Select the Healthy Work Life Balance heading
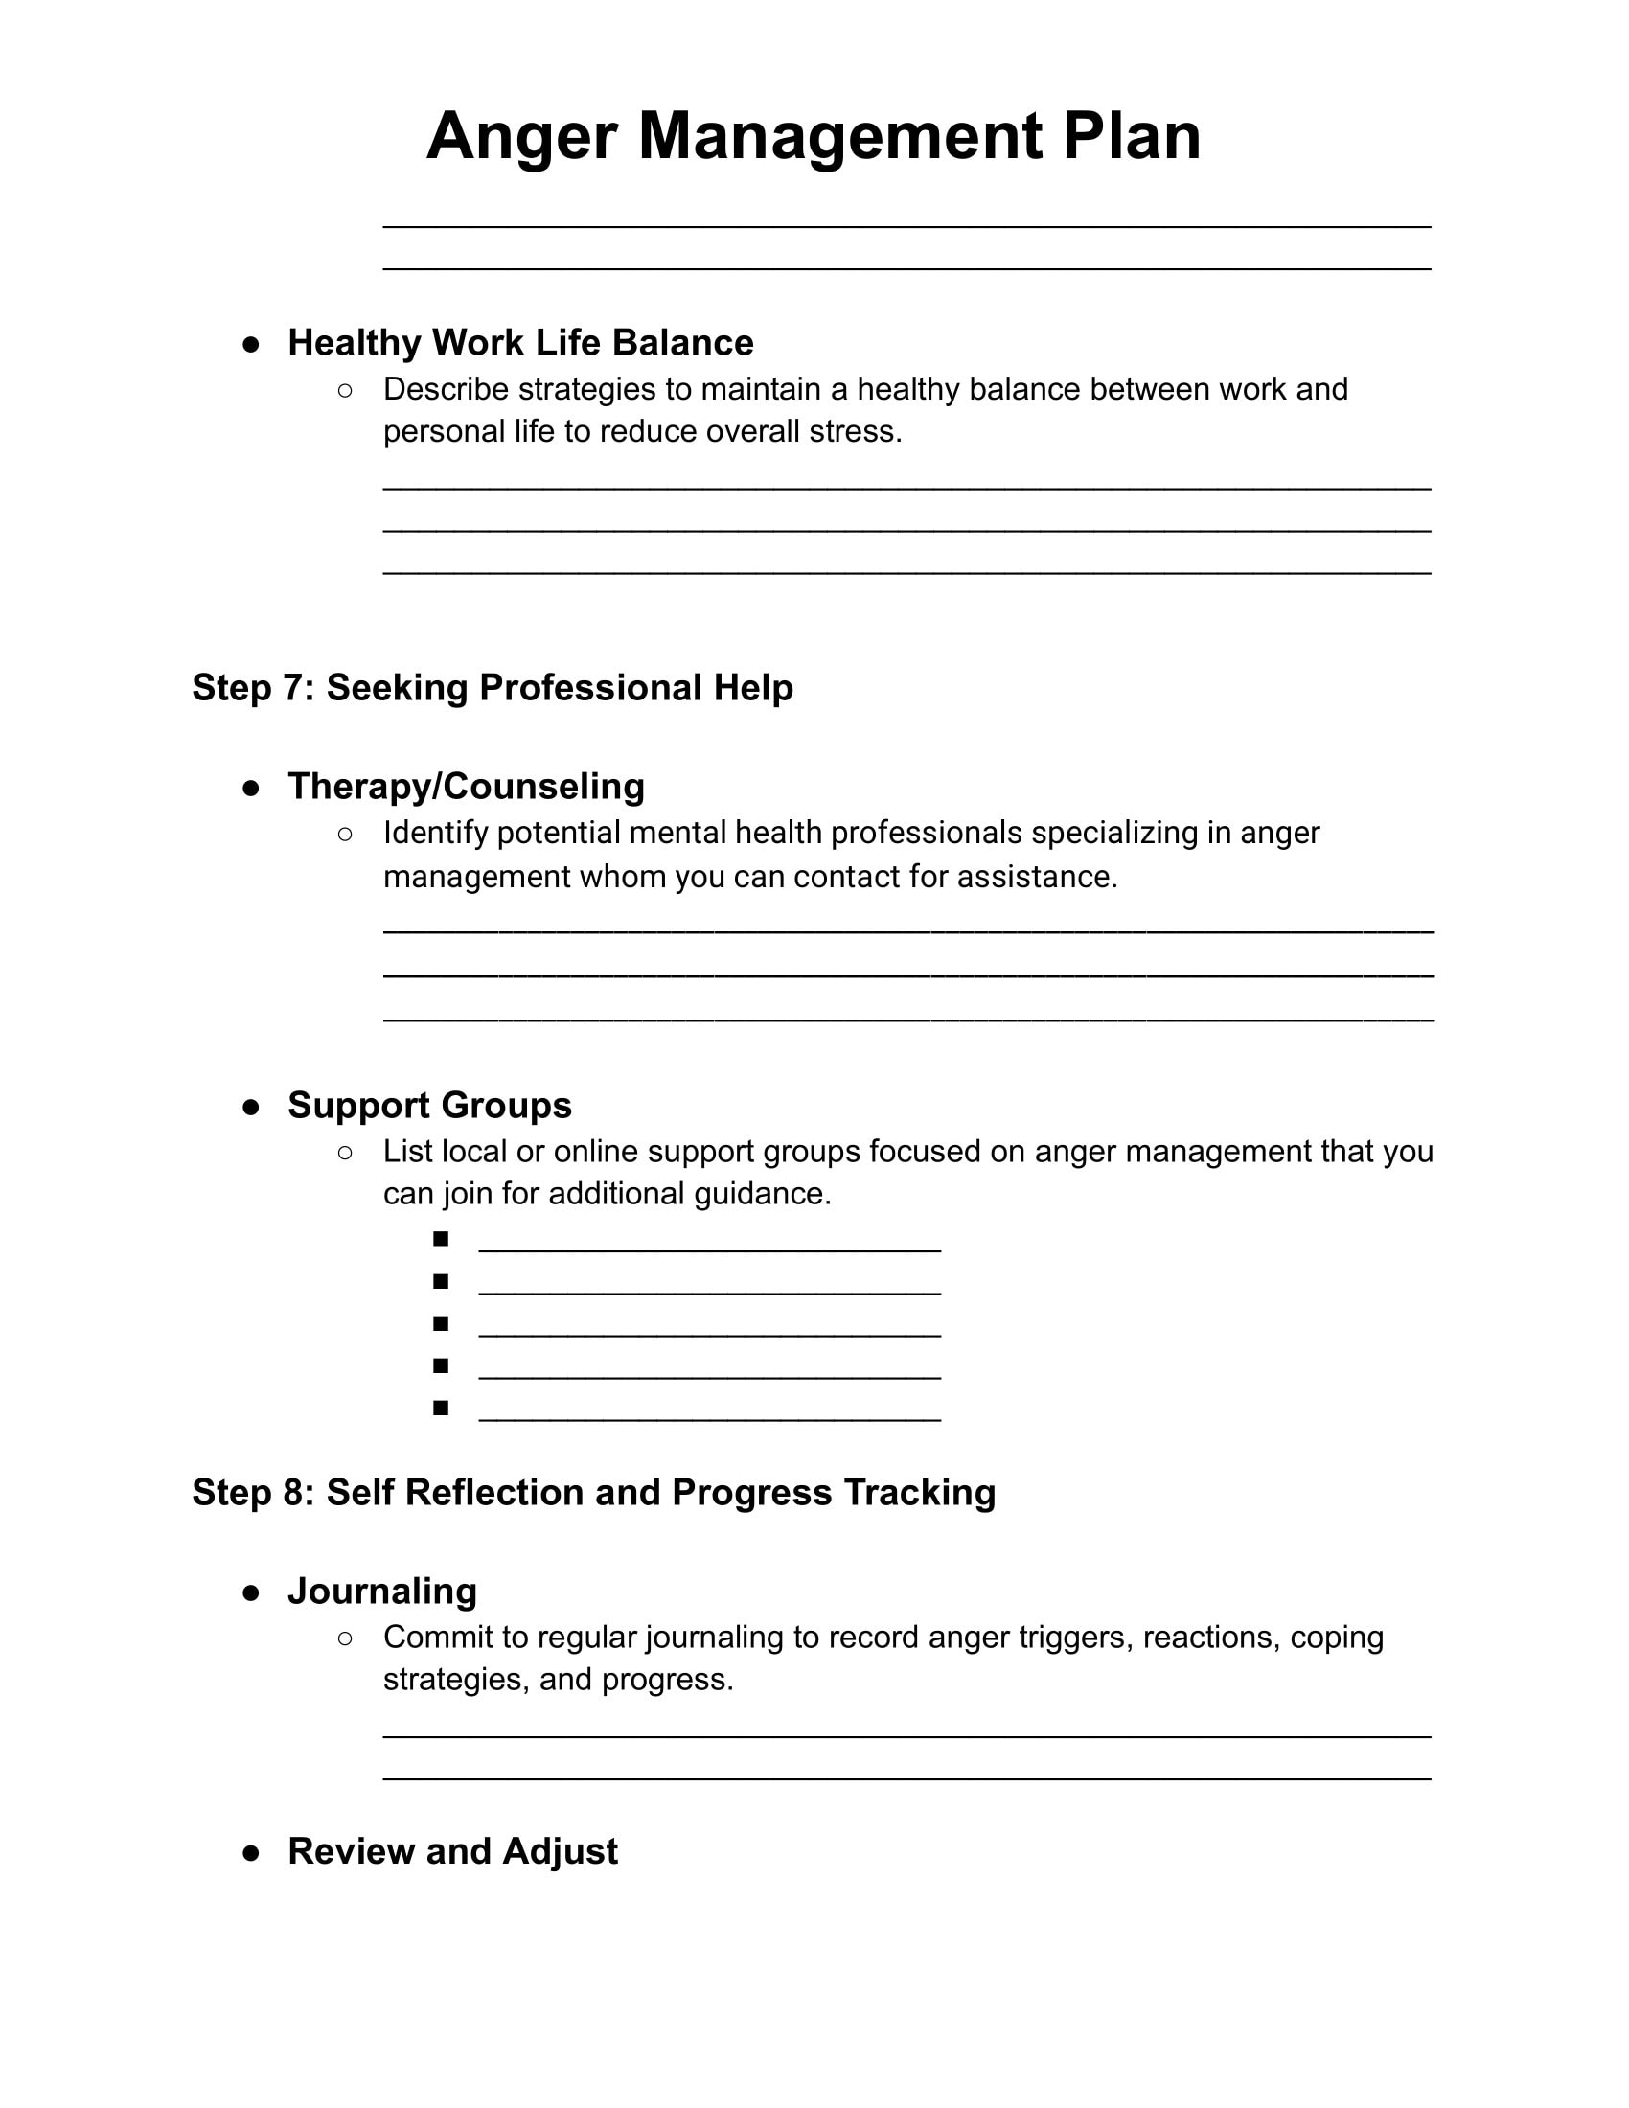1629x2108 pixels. point(520,343)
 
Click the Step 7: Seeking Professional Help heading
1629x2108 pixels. point(493,687)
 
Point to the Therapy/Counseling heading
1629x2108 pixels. point(466,786)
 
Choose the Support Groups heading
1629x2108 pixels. point(429,1105)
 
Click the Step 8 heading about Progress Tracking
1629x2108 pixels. point(593,1492)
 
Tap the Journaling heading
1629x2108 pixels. point(382,1591)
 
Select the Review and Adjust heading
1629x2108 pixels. point(452,1851)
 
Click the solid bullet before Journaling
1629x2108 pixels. point(251,1592)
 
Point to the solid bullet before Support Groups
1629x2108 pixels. point(251,1107)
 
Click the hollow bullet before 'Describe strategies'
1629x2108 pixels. point(345,390)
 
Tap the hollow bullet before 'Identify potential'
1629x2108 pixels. point(345,833)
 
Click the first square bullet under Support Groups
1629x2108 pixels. point(441,1238)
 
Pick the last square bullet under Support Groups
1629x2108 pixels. point(441,1408)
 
